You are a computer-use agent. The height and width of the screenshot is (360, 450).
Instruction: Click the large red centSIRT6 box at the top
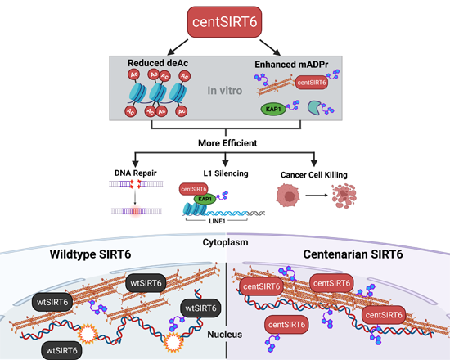[224, 22]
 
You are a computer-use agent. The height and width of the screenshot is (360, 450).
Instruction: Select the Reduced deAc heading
[158, 63]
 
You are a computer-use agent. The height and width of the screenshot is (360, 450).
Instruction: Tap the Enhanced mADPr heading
[291, 65]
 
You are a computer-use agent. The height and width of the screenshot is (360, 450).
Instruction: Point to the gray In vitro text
[225, 91]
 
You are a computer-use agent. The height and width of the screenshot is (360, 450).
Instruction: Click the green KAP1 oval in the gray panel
[273, 110]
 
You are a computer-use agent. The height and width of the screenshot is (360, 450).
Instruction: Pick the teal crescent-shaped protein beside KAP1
[315, 107]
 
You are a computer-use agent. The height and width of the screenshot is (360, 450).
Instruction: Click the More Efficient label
[227, 143]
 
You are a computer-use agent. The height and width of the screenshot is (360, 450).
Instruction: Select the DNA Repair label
[136, 173]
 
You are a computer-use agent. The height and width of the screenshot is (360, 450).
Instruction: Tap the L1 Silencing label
[226, 173]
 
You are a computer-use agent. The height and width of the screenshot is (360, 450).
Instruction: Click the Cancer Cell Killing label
[314, 175]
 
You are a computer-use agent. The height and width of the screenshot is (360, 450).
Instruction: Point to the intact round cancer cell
[288, 196]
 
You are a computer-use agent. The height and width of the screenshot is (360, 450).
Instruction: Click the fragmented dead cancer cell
[344, 196]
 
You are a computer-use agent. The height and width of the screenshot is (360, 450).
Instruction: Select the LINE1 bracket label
[217, 222]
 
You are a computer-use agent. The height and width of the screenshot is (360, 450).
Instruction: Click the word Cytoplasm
[225, 242]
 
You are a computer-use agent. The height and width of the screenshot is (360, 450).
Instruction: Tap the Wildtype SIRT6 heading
[90, 254]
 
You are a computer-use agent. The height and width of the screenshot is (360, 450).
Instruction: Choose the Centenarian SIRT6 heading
[353, 254]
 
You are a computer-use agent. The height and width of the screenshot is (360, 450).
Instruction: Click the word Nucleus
[225, 335]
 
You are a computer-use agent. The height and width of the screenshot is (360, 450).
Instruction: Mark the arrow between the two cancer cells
[317, 196]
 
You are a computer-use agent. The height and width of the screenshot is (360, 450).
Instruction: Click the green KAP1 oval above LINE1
[205, 199]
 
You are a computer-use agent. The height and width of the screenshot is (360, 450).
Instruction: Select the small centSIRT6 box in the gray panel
[312, 83]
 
